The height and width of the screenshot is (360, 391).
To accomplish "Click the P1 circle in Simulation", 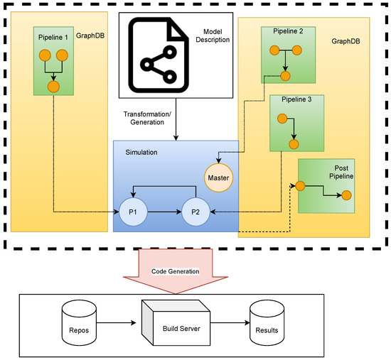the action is coord(133,212).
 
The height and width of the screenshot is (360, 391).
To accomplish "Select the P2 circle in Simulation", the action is coord(195,212).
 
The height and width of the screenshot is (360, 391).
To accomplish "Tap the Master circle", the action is coord(218,178).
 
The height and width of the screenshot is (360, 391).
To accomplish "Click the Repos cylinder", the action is coord(79,323).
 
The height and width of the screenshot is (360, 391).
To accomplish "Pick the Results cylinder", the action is coord(267,323).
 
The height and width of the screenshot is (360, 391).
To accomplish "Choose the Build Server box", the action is coord(176,323).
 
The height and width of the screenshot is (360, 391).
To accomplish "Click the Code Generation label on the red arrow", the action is coord(176,271).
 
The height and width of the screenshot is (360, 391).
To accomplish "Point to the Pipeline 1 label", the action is coord(53,38).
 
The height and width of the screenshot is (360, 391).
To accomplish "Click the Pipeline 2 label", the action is coord(288,31).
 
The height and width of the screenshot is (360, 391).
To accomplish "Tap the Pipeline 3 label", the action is coord(296,99).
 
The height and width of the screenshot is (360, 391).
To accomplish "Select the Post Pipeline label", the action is coord(341,172).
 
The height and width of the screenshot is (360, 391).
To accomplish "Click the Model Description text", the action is coord(213,36).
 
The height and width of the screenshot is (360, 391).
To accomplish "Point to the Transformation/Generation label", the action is coord(147,118).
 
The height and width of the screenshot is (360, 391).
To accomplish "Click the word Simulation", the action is coord(141,152).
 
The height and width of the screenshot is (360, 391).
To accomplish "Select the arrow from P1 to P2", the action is coord(165,212).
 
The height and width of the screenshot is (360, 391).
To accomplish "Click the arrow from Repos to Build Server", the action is coord(116,323).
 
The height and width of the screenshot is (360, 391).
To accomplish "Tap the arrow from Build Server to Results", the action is coord(230,323).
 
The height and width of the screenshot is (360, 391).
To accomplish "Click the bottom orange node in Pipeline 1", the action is coord(53,87).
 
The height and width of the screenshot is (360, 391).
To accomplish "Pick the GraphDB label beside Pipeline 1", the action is coord(90,36).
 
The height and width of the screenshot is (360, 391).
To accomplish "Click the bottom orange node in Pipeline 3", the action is coord(294,144).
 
